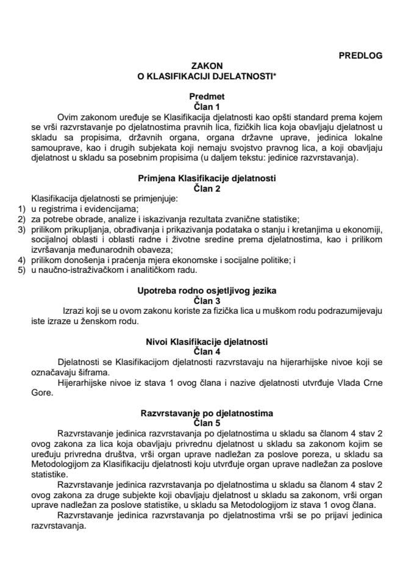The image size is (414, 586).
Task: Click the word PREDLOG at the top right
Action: (x=360, y=55)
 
